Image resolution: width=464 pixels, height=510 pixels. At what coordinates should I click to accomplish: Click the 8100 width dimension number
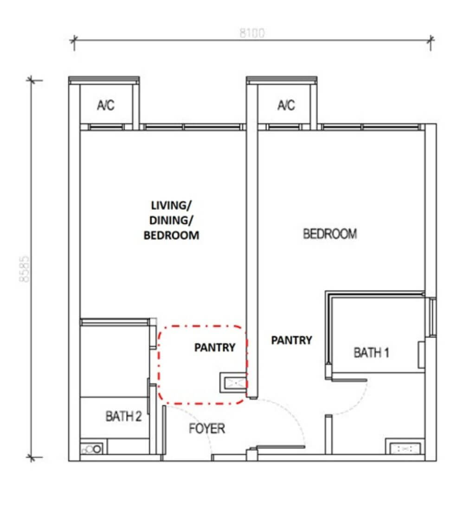click(x=252, y=33)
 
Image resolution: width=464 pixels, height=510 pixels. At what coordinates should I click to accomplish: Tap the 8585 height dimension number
click(x=25, y=269)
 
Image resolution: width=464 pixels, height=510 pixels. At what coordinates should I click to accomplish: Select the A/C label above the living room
click(x=106, y=105)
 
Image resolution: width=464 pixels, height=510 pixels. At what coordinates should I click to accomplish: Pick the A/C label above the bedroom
click(x=286, y=105)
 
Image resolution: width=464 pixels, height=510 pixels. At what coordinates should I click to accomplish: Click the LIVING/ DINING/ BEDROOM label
click(x=171, y=220)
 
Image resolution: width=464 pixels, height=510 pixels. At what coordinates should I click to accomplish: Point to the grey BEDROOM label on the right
click(x=330, y=234)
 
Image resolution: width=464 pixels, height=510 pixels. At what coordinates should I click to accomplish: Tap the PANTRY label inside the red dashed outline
click(x=214, y=347)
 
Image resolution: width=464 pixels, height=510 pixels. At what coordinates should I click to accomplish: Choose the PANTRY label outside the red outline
click(x=291, y=340)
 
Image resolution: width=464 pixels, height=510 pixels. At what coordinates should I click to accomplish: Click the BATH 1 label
click(x=371, y=352)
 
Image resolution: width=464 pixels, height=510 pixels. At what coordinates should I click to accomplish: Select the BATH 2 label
click(x=124, y=416)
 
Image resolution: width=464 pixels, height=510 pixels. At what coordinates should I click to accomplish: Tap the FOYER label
click(x=207, y=428)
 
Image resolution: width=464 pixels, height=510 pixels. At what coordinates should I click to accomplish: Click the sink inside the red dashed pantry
click(x=233, y=382)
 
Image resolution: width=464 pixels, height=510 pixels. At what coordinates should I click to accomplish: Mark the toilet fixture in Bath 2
click(x=92, y=449)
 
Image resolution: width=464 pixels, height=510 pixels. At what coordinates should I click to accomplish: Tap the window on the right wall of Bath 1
click(x=433, y=317)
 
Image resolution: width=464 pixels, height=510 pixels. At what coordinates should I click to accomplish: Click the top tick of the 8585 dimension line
click(x=31, y=80)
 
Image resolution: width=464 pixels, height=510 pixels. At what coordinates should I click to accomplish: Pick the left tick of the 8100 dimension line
click(x=74, y=40)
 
